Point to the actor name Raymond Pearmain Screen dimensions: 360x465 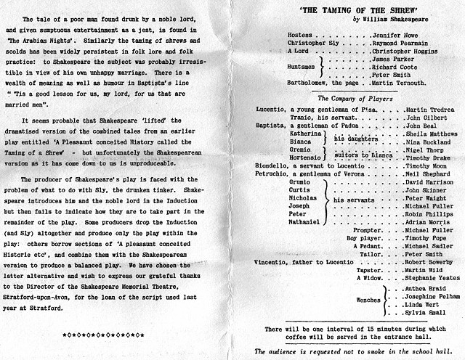400,44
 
